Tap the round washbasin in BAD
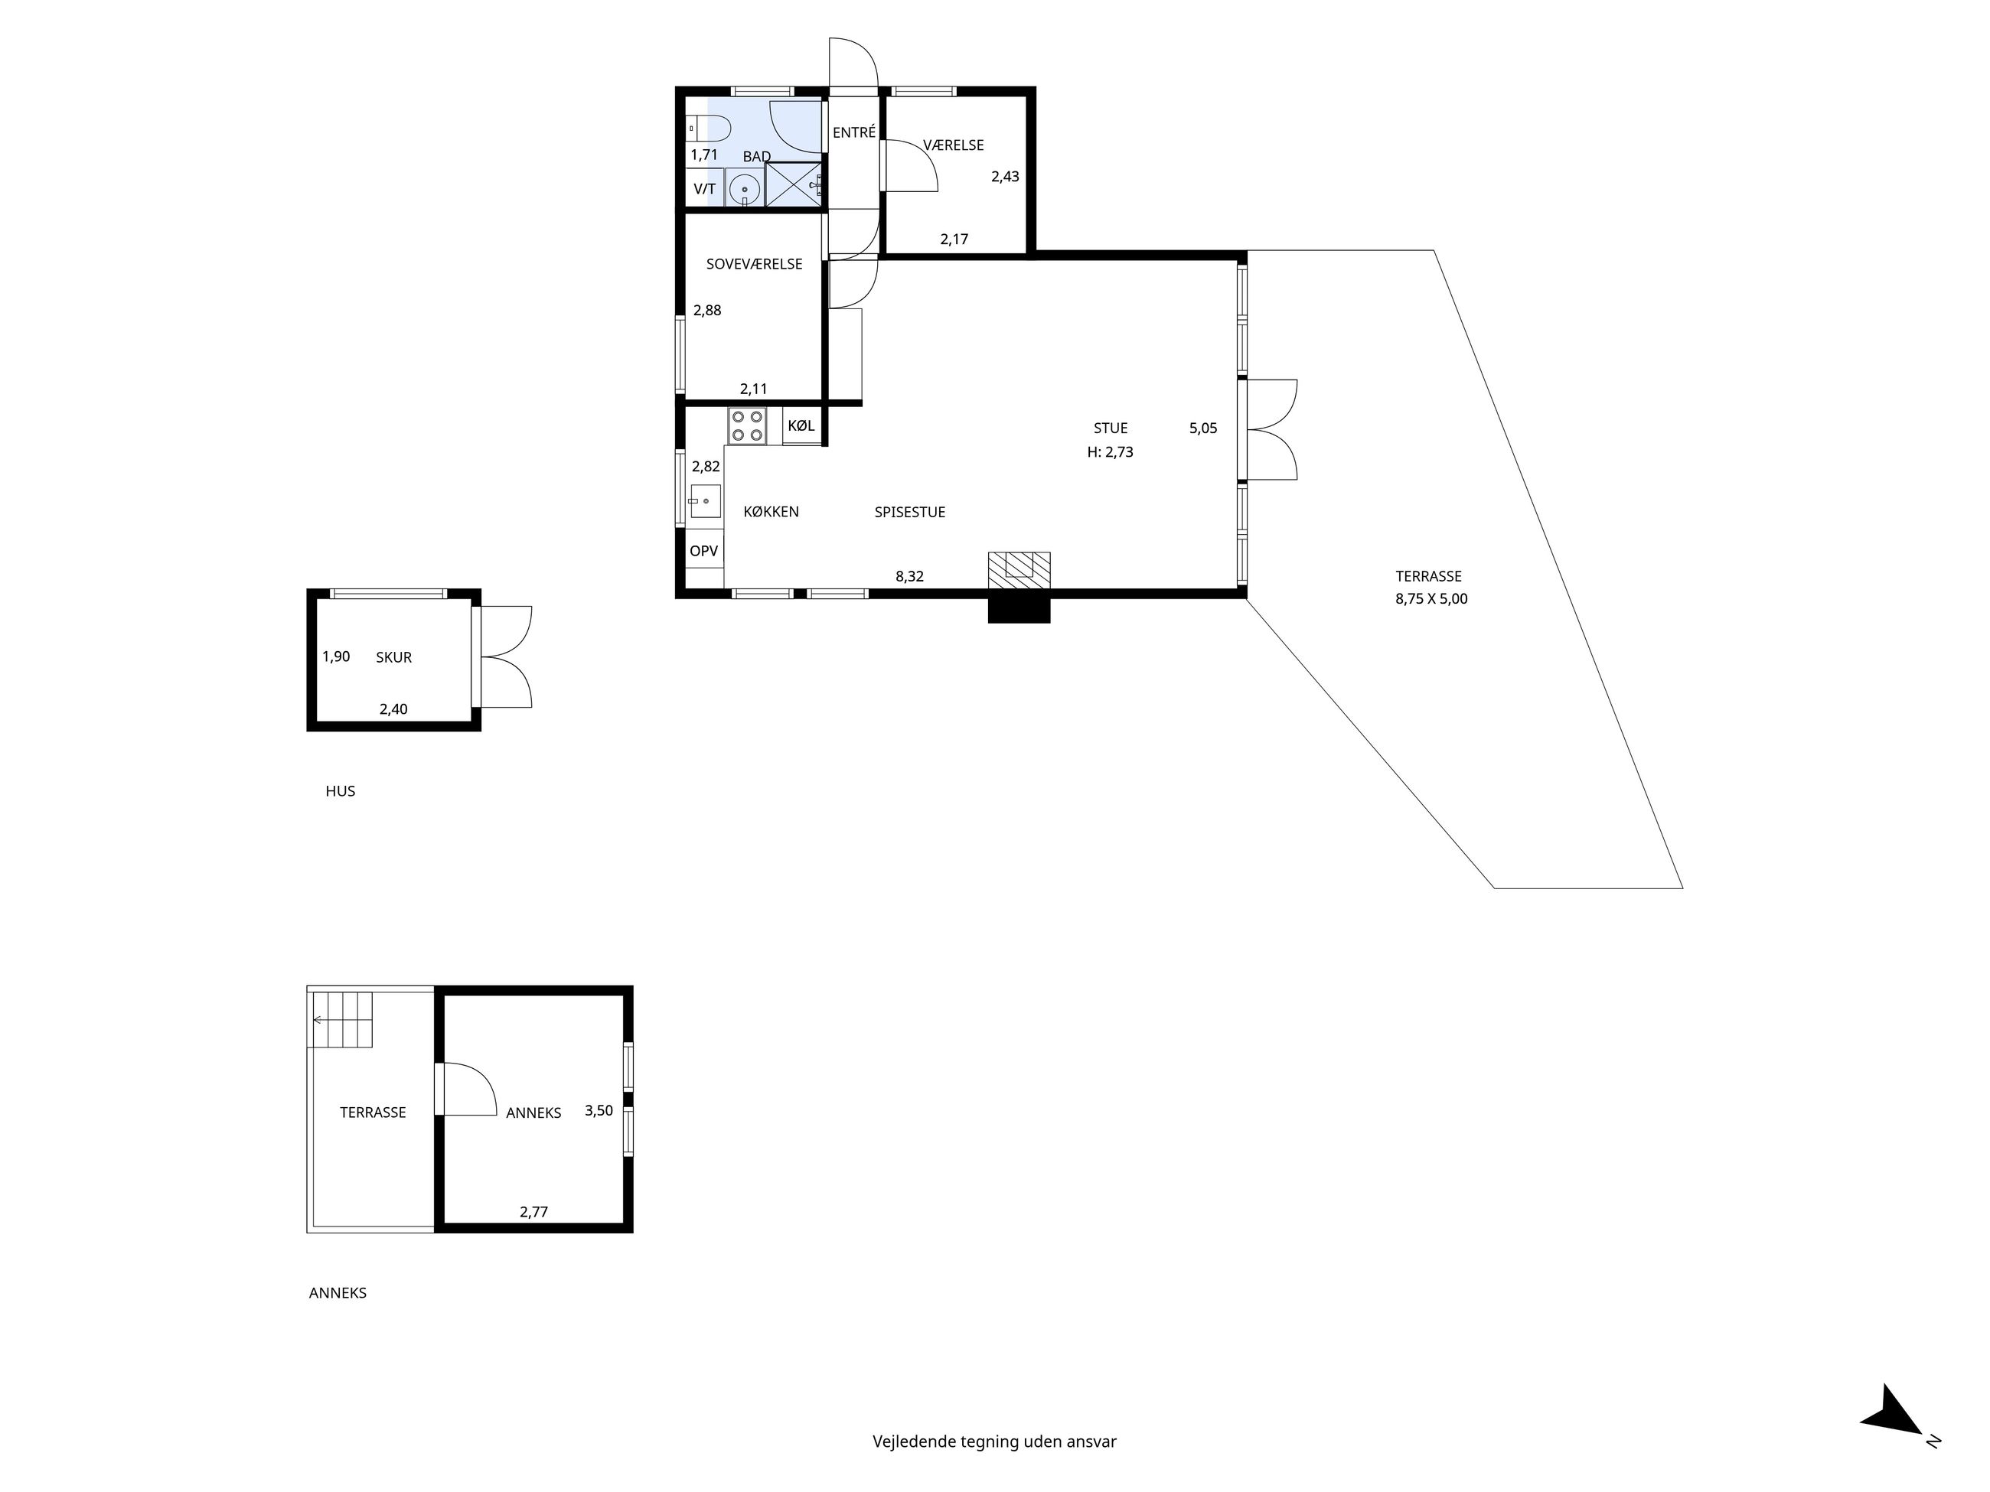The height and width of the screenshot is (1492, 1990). [x=745, y=190]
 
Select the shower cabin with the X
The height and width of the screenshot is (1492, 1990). [x=794, y=185]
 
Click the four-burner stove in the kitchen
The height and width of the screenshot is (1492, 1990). [x=747, y=425]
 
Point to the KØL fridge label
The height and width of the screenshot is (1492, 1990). [x=801, y=426]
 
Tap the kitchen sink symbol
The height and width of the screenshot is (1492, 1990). [x=706, y=501]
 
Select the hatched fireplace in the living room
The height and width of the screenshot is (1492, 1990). [x=1019, y=570]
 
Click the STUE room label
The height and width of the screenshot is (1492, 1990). [x=1110, y=428]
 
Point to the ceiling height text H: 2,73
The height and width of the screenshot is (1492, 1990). [x=1110, y=452]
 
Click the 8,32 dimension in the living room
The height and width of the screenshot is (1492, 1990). [x=909, y=576]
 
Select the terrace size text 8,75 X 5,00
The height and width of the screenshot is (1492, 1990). [x=1431, y=599]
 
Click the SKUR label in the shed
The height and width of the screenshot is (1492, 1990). [x=394, y=657]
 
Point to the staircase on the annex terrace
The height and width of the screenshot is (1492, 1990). [x=342, y=1019]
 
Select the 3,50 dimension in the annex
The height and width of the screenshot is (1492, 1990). [x=599, y=1111]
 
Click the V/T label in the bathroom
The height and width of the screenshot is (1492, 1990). [x=704, y=189]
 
